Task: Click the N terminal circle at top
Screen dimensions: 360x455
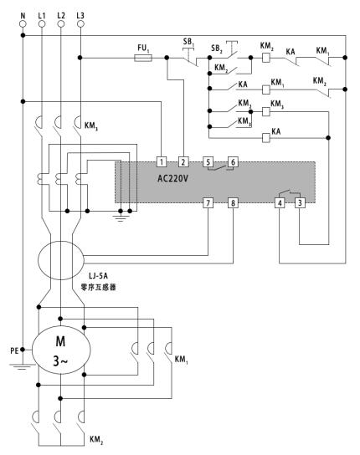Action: click(23, 23)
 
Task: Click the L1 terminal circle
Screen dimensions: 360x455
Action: click(42, 23)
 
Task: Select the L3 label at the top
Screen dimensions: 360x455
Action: click(80, 15)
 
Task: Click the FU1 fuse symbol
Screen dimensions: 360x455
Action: click(143, 58)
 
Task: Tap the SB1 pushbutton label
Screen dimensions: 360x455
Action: click(188, 42)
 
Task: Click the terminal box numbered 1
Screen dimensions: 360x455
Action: click(162, 161)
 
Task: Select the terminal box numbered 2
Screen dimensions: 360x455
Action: click(183, 161)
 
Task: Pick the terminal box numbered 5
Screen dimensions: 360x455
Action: click(208, 161)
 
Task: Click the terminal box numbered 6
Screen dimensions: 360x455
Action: click(233, 161)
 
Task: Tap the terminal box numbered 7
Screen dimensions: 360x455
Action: click(208, 203)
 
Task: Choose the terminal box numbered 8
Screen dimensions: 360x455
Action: click(233, 203)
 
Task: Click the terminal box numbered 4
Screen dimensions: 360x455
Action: click(280, 203)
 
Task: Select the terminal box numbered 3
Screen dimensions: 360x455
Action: click(300, 203)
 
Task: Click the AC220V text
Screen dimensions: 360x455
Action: click(172, 178)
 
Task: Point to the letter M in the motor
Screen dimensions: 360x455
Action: click(60, 341)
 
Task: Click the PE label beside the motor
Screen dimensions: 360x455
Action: click(14, 350)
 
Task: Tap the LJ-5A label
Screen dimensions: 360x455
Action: click(98, 275)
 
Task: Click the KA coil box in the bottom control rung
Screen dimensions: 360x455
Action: click(266, 137)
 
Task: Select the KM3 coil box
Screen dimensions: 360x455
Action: click(266, 111)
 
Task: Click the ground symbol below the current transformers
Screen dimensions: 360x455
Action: click(120, 217)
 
